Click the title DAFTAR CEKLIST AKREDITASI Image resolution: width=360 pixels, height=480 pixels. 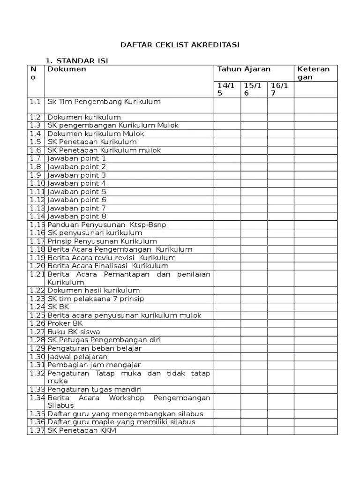pos(180,45)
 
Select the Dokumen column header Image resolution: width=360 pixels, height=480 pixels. pos(67,69)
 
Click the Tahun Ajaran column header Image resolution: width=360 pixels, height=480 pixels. pos(244,69)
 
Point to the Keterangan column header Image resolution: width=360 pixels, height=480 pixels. pos(314,73)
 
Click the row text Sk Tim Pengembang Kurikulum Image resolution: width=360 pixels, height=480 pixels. pos(104,102)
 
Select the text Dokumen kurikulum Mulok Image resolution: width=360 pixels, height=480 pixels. pos(96,134)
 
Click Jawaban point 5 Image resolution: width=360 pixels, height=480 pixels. pos(77,192)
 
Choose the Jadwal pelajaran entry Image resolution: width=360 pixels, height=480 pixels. pos(77,357)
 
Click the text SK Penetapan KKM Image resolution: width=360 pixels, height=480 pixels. pos(82,430)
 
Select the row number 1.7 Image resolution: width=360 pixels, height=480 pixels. pos(36,158)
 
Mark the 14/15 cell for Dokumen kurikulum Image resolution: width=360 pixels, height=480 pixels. pos(227,117)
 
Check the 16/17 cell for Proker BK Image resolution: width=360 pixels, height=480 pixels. pos(280,323)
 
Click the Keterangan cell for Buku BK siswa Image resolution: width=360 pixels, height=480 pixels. pos(315,332)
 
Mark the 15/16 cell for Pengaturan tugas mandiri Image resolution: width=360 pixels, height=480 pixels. pos(254,390)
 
